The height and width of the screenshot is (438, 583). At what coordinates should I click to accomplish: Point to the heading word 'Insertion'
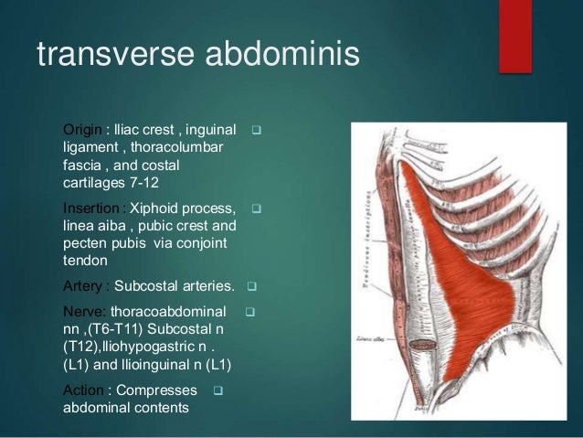pyautogui.click(x=90, y=208)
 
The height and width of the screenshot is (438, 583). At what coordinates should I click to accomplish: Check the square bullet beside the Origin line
pyautogui.click(x=257, y=129)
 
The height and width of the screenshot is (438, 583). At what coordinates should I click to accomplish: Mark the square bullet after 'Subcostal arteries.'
pyautogui.click(x=251, y=284)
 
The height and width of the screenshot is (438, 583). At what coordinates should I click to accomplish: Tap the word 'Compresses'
pyautogui.click(x=156, y=390)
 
